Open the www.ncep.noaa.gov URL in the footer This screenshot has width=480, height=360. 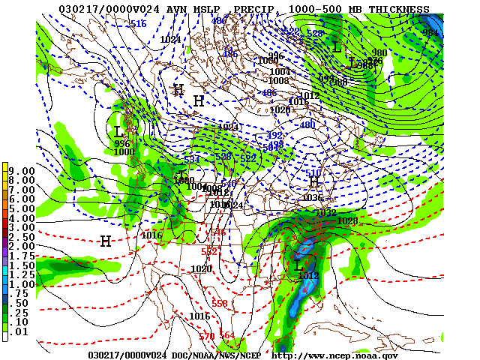pos(334,355)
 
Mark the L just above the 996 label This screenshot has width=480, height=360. pos(118,132)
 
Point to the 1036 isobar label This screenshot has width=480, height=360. pos(313,198)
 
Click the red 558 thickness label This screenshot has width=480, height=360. pos(220,303)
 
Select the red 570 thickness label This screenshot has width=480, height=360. pos(206,336)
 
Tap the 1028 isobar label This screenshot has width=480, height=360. pos(347,220)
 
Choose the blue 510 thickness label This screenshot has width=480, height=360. pos(313,173)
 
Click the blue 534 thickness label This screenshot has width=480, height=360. pos(192,160)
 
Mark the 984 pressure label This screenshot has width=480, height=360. pos(429,33)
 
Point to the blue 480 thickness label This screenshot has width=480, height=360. pos(307,125)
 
